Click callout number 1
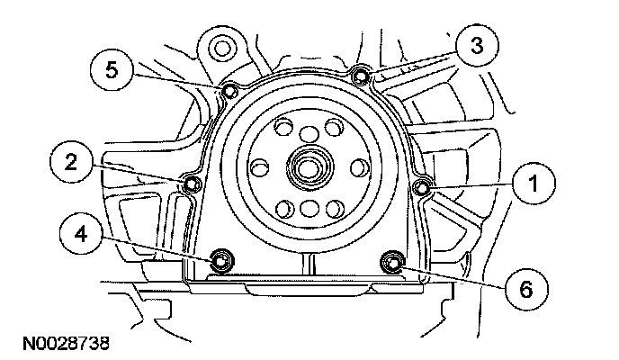click(534, 184)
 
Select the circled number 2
click(71, 162)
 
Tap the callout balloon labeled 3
click(477, 45)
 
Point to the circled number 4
click(81, 235)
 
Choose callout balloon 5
click(112, 70)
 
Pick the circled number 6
click(526, 290)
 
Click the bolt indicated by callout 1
click(422, 188)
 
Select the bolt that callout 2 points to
click(193, 184)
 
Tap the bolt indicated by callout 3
click(360, 76)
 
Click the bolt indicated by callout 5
click(229, 92)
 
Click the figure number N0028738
click(66, 344)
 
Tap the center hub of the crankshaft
click(310, 167)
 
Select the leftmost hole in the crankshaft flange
click(260, 167)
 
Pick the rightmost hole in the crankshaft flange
click(360, 167)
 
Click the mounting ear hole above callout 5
click(221, 49)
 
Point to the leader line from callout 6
click(453, 278)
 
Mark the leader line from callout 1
click(471, 186)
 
